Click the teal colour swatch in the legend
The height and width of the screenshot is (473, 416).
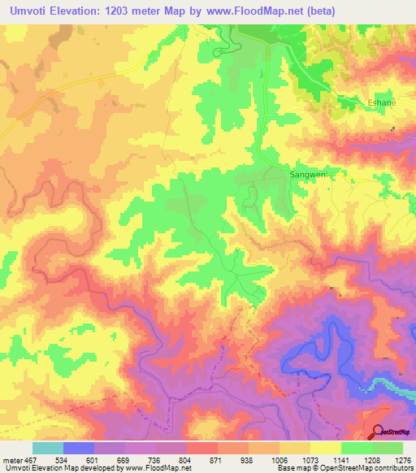pos(47,448)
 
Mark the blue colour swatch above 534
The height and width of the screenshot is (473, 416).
pos(78,448)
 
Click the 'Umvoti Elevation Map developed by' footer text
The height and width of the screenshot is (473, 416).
pos(58,468)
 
